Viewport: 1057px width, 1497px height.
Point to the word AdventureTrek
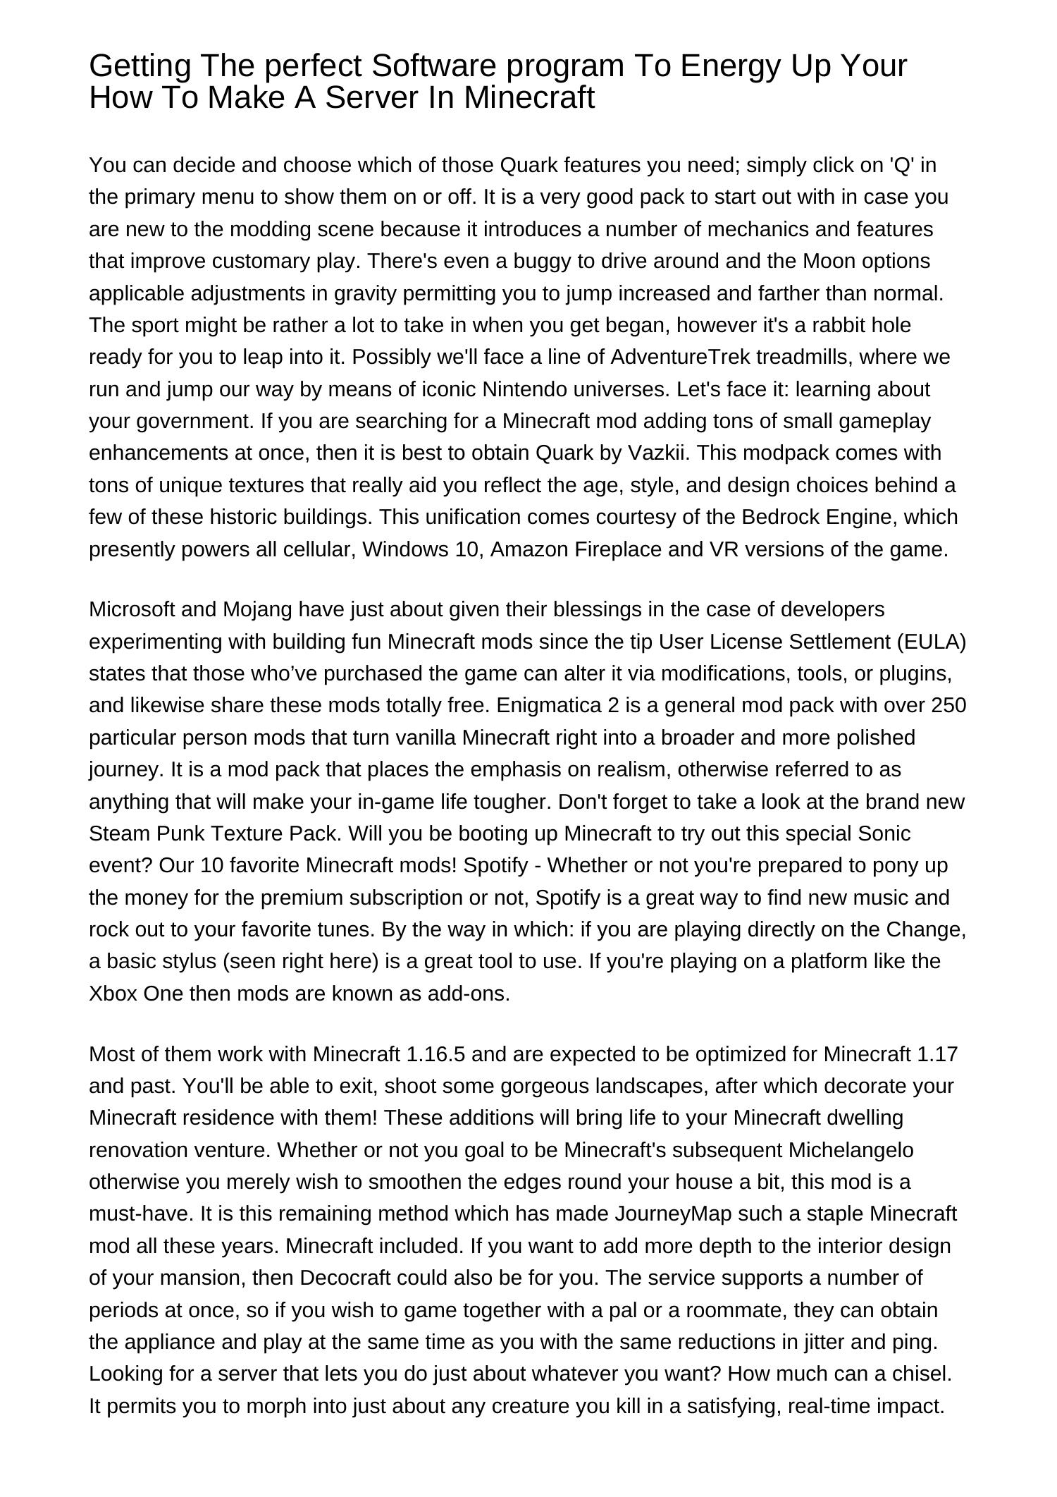[680, 358]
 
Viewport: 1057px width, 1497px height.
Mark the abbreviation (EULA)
[932, 642]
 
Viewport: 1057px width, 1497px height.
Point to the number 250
[948, 706]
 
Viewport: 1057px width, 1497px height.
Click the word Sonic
[884, 833]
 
